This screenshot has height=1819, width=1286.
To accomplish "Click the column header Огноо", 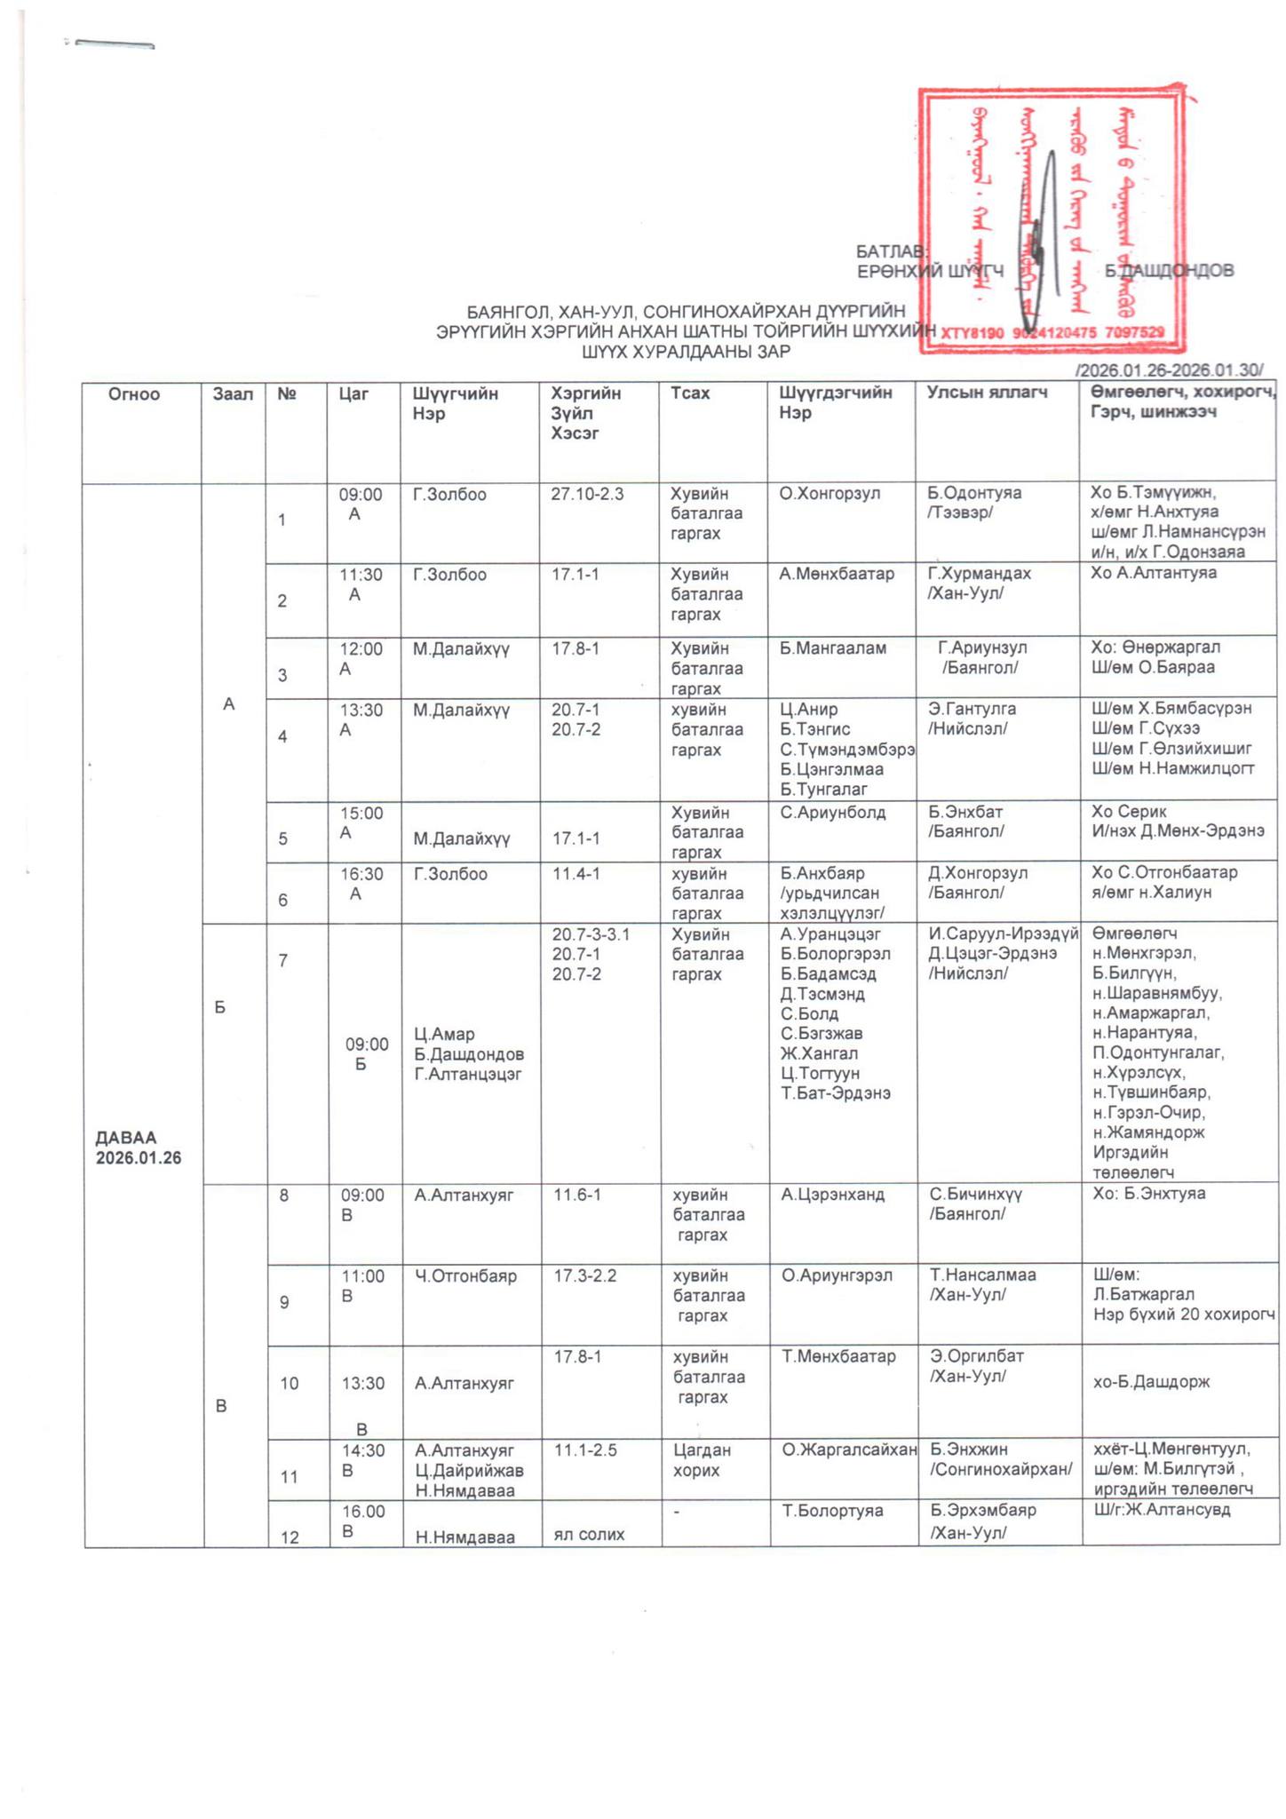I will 134,394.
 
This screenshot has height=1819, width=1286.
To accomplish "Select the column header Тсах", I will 690,393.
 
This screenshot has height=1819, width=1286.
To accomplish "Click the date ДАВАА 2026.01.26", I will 139,1148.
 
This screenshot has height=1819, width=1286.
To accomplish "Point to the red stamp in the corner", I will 1052,220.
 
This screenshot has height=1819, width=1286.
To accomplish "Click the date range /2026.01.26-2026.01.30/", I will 1168,370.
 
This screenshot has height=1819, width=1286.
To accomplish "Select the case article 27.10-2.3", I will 587,494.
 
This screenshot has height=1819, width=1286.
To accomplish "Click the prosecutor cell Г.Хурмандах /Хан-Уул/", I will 979,583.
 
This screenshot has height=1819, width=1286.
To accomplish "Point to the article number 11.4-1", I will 576,874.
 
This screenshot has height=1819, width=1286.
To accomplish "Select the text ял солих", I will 589,1534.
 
